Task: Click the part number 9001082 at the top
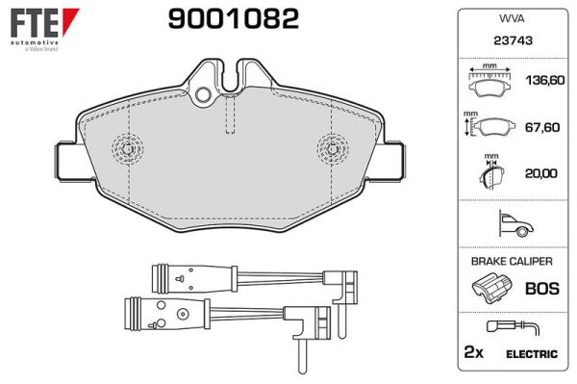pos(234,19)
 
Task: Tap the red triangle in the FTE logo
pos(69,19)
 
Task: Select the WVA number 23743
pos(513,40)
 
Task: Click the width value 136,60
pos(544,80)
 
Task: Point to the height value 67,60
pos(542,127)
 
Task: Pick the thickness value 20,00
pos(540,173)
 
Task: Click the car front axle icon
pos(515,223)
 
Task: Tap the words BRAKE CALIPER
pos(512,261)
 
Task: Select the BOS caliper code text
pos(542,289)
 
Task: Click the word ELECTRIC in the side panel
pos(532,354)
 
